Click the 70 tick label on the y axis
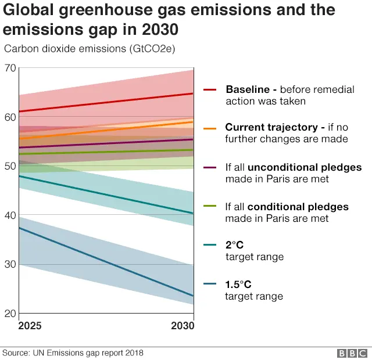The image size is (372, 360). click(x=10, y=68)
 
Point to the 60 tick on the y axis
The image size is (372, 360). click(x=10, y=117)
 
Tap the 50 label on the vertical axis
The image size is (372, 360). click(x=10, y=167)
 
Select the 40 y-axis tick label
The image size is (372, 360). click(x=10, y=215)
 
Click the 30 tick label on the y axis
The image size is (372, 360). click(x=10, y=265)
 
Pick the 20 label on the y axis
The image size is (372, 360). click(x=10, y=314)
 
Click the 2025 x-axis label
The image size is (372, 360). click(x=30, y=326)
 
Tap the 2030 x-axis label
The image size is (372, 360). click(x=183, y=326)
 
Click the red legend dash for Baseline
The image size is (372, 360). click(x=210, y=90)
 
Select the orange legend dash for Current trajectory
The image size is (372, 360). click(x=210, y=128)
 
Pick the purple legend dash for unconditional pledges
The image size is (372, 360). click(x=210, y=168)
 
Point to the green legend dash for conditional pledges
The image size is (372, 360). click(x=210, y=207)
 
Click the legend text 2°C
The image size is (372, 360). click(x=234, y=246)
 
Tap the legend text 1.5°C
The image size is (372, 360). click(x=238, y=285)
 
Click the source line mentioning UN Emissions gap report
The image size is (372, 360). click(x=73, y=352)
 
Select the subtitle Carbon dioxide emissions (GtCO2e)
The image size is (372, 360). click(x=90, y=49)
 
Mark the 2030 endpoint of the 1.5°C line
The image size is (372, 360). click(x=194, y=296)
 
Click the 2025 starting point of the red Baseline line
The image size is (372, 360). click(x=20, y=111)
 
